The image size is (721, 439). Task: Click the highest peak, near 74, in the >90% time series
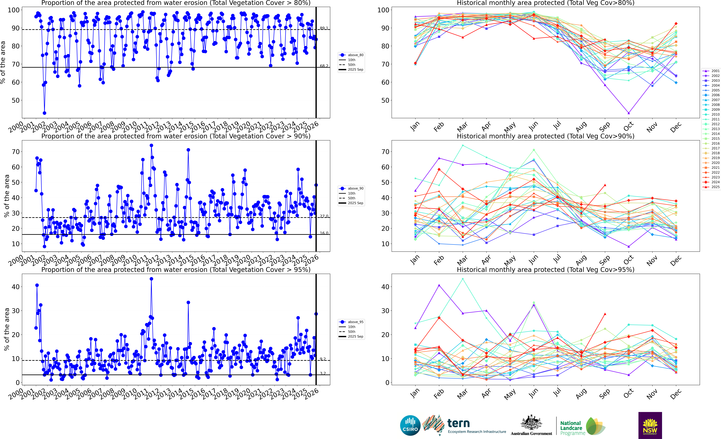coord(151,145)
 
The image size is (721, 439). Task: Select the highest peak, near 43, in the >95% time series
coord(151,279)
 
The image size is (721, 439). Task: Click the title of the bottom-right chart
coord(545,270)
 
